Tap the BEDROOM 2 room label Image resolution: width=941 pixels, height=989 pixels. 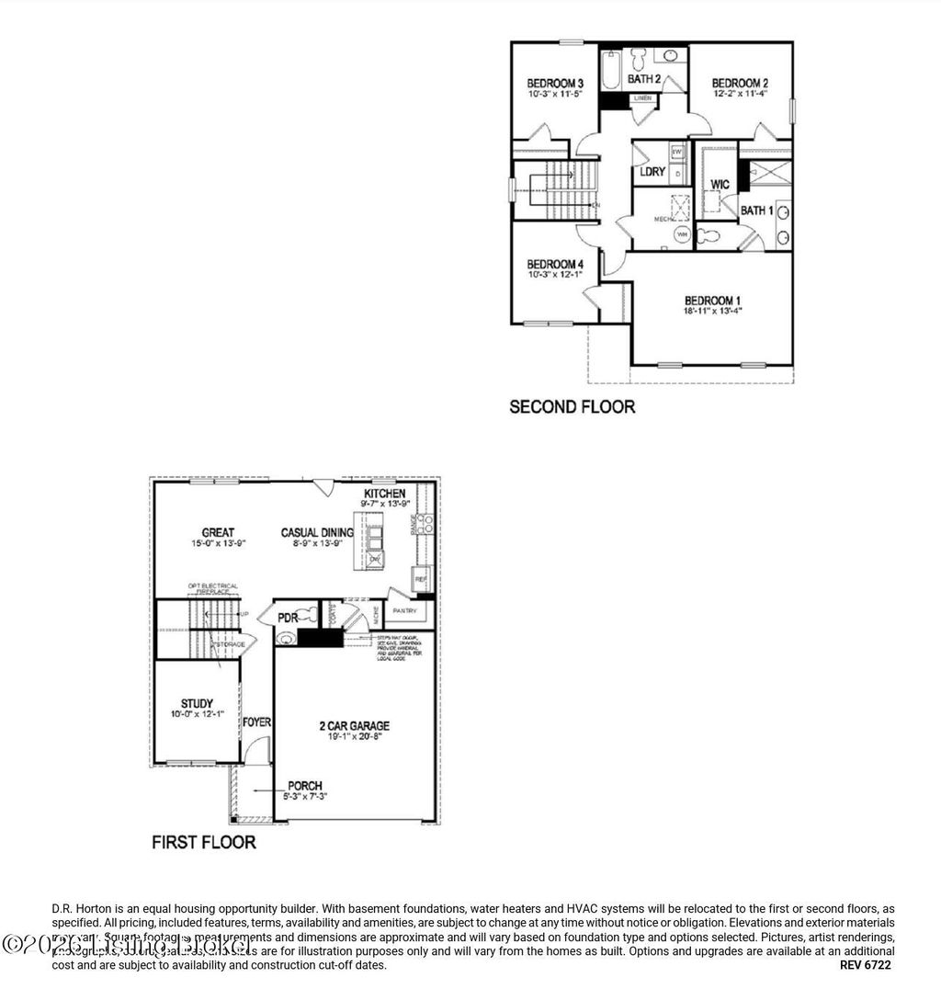[739, 82]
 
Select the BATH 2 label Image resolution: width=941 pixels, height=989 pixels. [644, 79]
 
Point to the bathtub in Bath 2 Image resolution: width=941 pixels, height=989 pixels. [612, 70]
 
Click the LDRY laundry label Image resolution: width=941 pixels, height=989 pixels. [652, 172]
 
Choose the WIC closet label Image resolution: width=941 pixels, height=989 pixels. [720, 185]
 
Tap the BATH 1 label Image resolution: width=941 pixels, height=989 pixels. [757, 210]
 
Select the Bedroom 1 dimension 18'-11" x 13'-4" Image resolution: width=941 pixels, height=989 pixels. [712, 312]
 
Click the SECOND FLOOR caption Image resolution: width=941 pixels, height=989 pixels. [572, 406]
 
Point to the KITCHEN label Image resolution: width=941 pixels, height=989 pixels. [384, 494]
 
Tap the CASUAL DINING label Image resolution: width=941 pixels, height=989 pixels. [317, 532]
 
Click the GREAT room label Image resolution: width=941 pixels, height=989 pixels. [218, 532]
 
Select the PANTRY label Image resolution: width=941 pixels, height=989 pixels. [405, 610]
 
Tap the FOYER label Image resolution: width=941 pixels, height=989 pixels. [256, 722]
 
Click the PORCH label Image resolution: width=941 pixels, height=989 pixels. [304, 786]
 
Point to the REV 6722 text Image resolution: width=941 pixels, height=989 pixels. [865, 965]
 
